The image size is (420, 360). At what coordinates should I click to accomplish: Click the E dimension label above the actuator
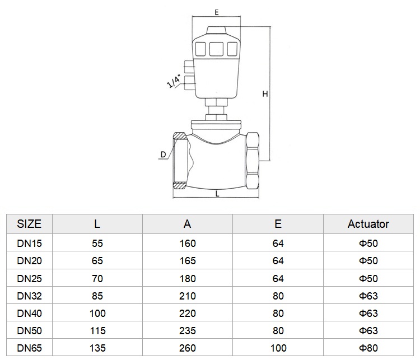(x=216, y=12)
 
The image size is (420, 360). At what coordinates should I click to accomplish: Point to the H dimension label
(x=265, y=94)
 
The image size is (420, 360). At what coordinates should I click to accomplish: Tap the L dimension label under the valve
(x=217, y=194)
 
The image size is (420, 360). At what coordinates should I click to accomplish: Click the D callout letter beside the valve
(x=163, y=155)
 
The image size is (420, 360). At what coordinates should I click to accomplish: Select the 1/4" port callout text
(x=174, y=81)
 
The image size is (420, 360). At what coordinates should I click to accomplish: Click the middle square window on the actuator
(x=216, y=49)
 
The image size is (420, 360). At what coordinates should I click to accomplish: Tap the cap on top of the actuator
(x=216, y=30)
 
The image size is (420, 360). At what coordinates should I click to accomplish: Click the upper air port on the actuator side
(x=189, y=67)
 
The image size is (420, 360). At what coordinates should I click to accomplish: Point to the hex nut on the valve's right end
(x=253, y=161)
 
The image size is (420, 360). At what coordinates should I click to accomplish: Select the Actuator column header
(x=368, y=224)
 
